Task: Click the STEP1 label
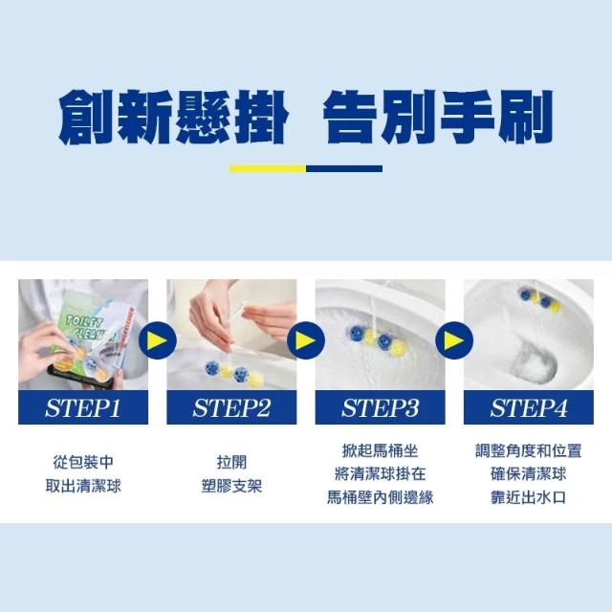click(83, 408)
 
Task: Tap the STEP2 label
click(231, 408)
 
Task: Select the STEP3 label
click(381, 408)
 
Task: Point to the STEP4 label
click(529, 408)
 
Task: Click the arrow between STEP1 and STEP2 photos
click(157, 340)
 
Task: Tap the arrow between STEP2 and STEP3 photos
click(306, 340)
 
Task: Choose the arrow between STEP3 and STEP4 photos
click(454, 340)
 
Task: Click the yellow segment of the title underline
click(268, 168)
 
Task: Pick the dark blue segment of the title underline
click(344, 168)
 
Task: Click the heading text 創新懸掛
click(173, 117)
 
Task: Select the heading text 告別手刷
click(438, 117)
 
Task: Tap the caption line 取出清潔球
click(83, 486)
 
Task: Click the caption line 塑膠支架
click(231, 486)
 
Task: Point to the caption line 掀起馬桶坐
click(381, 450)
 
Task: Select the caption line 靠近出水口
click(529, 497)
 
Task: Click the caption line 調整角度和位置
click(529, 450)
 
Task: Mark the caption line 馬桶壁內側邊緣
click(381, 497)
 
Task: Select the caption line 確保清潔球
click(529, 474)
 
